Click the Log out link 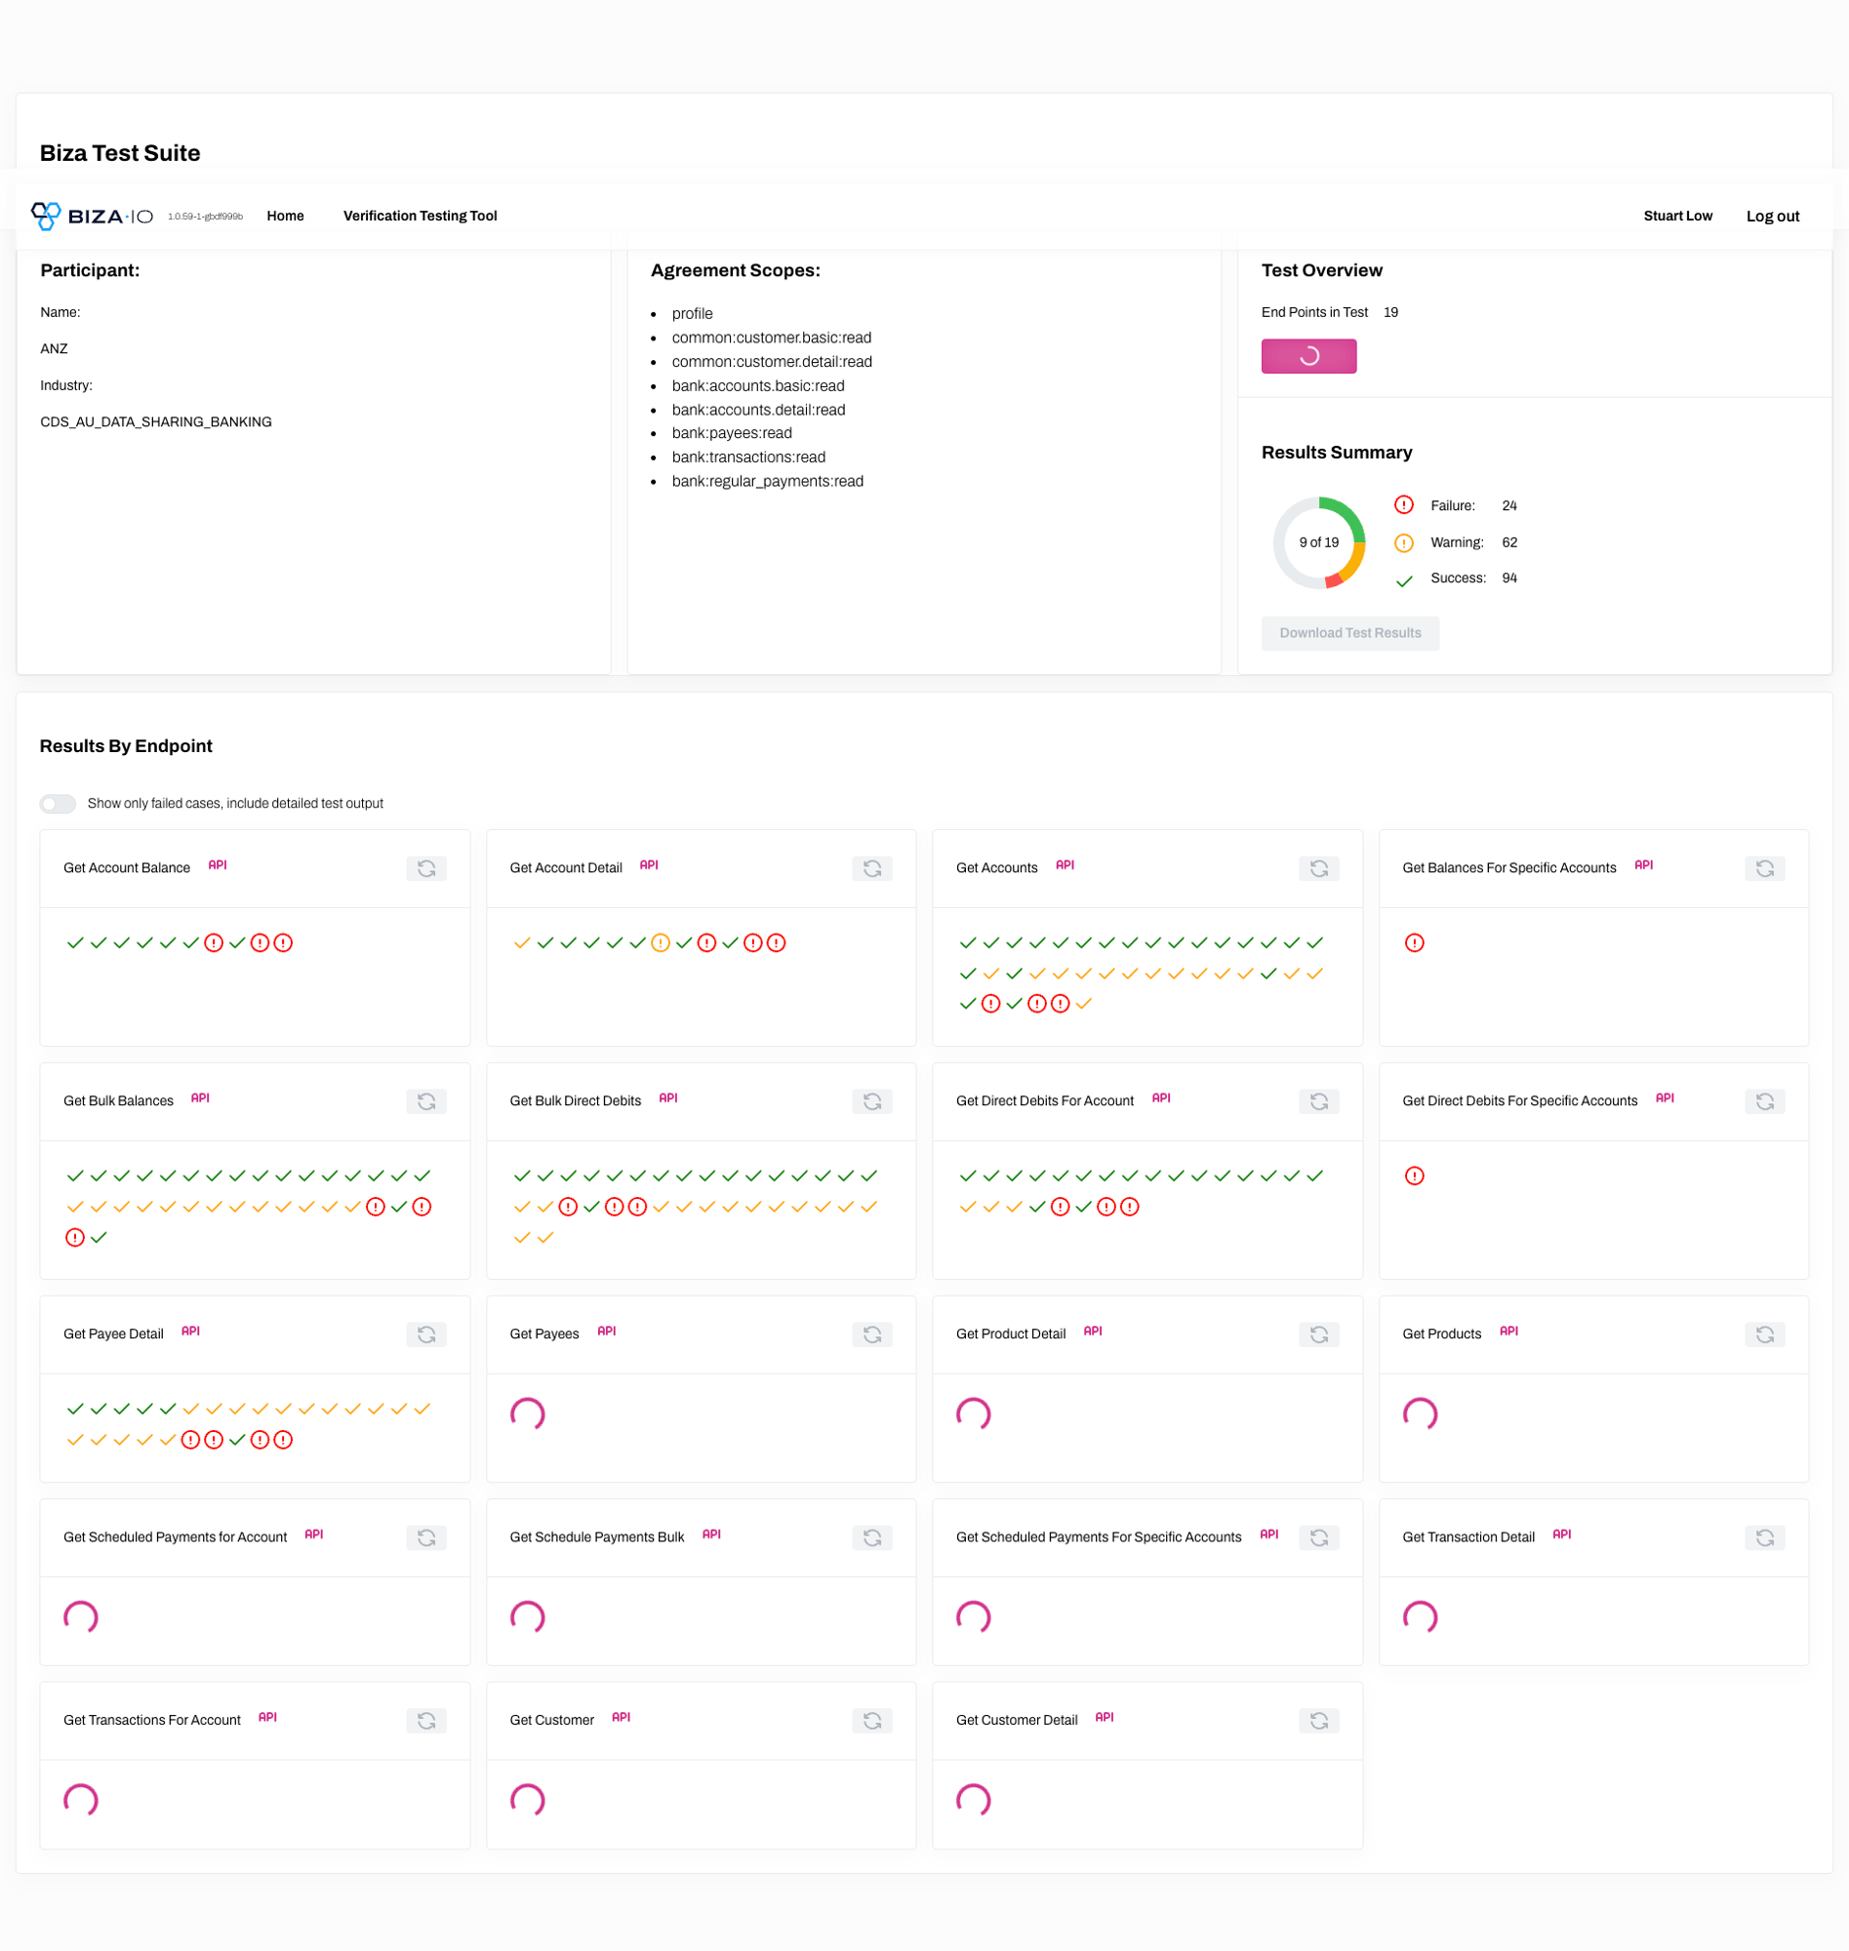[x=1772, y=216]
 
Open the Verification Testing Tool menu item [x=420, y=216]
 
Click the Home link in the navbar [x=285, y=216]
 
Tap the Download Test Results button [x=1349, y=632]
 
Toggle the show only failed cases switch [x=59, y=804]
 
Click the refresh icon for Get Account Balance [x=425, y=868]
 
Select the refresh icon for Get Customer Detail [x=1319, y=1721]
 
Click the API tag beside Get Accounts [x=1065, y=865]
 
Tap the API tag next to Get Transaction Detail [x=1561, y=1534]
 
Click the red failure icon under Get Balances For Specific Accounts [x=1415, y=943]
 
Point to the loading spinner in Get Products [x=1420, y=1413]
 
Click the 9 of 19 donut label [x=1319, y=543]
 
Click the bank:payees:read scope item [x=732, y=433]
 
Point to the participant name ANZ [x=55, y=349]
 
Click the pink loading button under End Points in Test [x=1308, y=356]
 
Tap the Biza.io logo [x=92, y=216]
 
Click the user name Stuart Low [x=1677, y=216]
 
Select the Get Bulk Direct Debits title [x=575, y=1100]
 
